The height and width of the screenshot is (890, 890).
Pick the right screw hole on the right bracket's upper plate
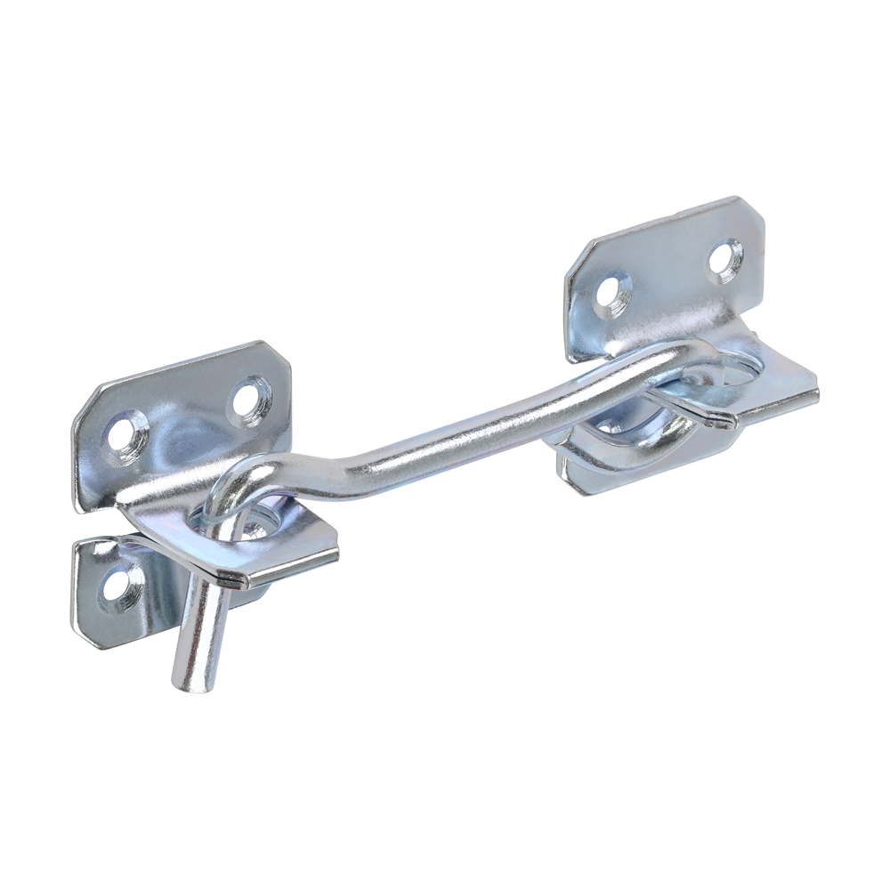coord(726,258)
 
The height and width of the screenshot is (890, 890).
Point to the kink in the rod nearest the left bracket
coord(352,467)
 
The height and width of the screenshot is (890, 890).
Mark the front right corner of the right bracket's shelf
coord(816,392)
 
